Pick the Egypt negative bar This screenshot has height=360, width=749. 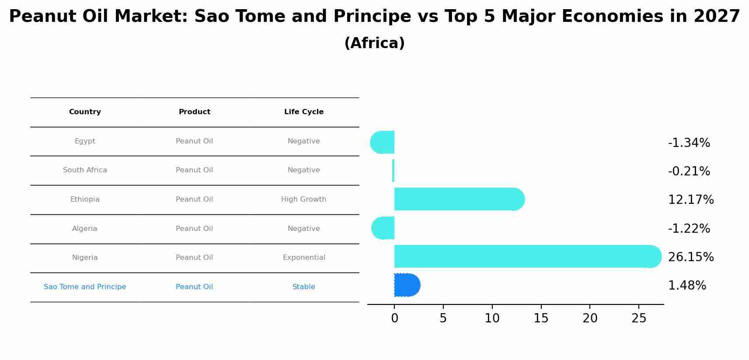(383, 142)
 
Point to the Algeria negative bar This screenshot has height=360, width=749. (383, 228)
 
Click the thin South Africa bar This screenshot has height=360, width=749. (394, 171)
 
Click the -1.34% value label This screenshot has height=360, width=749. (689, 143)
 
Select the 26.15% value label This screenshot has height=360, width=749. (690, 257)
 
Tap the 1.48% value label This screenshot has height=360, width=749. (686, 286)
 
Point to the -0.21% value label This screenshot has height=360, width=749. (689, 171)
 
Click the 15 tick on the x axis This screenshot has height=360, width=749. (541, 318)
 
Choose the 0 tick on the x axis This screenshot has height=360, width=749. (394, 318)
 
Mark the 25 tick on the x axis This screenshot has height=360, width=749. (639, 318)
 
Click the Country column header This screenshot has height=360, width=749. (85, 112)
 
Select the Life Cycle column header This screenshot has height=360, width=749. (304, 112)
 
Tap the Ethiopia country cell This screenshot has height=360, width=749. (85, 199)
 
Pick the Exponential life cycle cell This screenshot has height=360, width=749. (304, 258)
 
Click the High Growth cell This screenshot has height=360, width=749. (304, 199)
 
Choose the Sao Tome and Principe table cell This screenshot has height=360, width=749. (85, 287)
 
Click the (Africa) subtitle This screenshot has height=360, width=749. (374, 43)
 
